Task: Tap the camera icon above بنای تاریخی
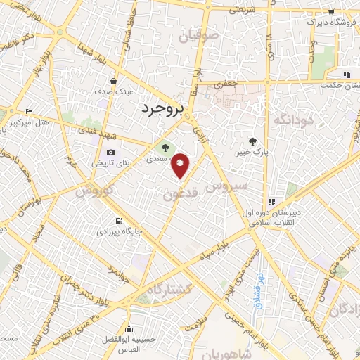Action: pyautogui.click(x=110, y=153)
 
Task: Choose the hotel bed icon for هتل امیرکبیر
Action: pyautogui.click(x=29, y=112)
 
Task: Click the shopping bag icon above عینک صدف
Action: pyautogui.click(x=113, y=81)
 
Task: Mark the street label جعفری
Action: pyautogui.click(x=226, y=84)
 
